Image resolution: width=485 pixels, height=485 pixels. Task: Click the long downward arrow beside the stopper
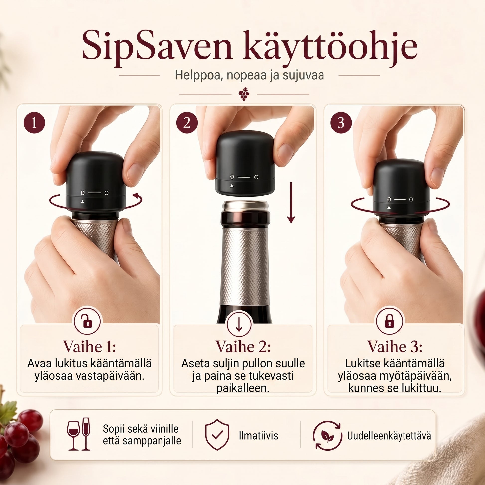[x=291, y=203]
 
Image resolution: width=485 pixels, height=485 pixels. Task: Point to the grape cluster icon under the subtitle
[x=244, y=94]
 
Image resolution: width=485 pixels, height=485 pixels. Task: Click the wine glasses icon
[x=78, y=434]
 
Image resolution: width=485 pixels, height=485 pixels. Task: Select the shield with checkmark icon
[x=217, y=435]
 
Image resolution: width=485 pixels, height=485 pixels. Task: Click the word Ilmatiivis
[x=258, y=436]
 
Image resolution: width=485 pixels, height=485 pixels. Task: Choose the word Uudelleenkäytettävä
[x=389, y=436]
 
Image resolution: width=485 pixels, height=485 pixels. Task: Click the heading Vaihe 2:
[x=243, y=347]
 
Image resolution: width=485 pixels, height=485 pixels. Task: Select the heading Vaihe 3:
[x=395, y=347]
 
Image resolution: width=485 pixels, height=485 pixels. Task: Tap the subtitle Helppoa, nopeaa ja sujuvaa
[x=249, y=75]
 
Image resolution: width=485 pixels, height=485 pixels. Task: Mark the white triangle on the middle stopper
[x=232, y=185]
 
